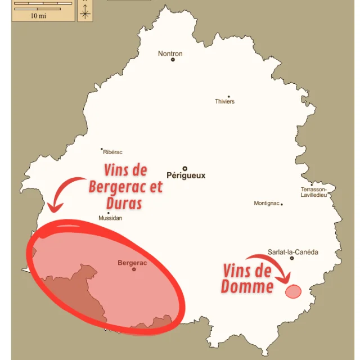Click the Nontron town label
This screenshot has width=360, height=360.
pyautogui.click(x=170, y=54)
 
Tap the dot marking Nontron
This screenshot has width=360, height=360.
pyautogui.click(x=173, y=60)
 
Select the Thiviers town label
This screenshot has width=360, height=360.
pyautogui.click(x=224, y=102)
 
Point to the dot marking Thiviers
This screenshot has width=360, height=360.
pyautogui.click(x=228, y=97)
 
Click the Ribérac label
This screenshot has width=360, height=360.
pyautogui.click(x=112, y=152)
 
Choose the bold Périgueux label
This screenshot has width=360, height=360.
pyautogui.click(x=186, y=175)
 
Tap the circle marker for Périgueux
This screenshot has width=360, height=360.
pyautogui.click(x=184, y=168)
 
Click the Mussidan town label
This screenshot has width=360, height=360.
pyautogui.click(x=110, y=218)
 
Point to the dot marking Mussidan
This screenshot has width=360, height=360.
pyautogui.click(x=109, y=213)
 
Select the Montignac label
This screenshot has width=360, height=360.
pyautogui.click(x=266, y=203)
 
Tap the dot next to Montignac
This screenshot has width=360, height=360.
pyautogui.click(x=282, y=204)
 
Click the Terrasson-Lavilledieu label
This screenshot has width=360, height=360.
pyautogui.click(x=314, y=192)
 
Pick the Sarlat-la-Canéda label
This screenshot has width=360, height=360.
pyautogui.click(x=292, y=252)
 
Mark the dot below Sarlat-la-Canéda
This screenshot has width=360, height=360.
pyautogui.click(x=291, y=258)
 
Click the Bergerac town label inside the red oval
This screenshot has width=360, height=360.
pyautogui.click(x=132, y=263)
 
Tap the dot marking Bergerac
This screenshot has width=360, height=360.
pyautogui.click(x=134, y=269)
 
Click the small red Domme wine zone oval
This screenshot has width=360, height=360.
pyautogui.click(x=293, y=291)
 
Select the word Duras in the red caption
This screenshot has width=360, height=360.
pyautogui.click(x=123, y=203)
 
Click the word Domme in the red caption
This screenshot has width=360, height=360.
pyautogui.click(x=247, y=287)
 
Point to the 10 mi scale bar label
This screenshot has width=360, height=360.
pyautogui.click(x=38, y=16)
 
